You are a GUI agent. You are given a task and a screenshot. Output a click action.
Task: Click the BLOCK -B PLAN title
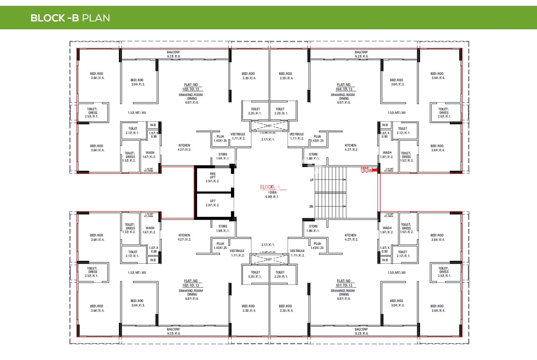coord(70,18)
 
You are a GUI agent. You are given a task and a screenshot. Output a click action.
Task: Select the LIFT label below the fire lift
coord(213,201)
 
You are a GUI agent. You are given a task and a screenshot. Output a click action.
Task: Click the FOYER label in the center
coord(272,193)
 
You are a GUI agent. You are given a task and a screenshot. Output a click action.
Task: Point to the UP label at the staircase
coord(312,180)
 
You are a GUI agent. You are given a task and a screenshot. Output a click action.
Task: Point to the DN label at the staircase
coord(311,207)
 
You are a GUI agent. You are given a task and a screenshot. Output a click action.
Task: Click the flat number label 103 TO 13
coord(191,89)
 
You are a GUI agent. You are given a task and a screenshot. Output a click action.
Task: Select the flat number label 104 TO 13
coord(344,89)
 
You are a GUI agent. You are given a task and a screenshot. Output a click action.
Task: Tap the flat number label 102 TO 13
coord(191,286)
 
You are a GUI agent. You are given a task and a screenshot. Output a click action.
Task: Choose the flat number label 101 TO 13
coord(344,286)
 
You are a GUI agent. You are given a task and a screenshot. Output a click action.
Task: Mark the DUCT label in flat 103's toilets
coord(269,126)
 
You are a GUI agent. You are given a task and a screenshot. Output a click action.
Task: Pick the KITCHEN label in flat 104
coord(350,146)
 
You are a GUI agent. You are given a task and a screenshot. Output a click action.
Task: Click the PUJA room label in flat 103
coord(220,137)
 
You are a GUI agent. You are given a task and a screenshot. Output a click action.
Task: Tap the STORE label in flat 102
coord(223,226)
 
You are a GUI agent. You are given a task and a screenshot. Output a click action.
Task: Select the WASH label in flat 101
coord(387,228)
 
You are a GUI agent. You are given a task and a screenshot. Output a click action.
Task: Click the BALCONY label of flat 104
coord(361,52)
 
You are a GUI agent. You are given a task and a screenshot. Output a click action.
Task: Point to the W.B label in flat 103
coord(153,125)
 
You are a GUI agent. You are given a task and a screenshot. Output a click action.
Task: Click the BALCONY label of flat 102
coord(174,329)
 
